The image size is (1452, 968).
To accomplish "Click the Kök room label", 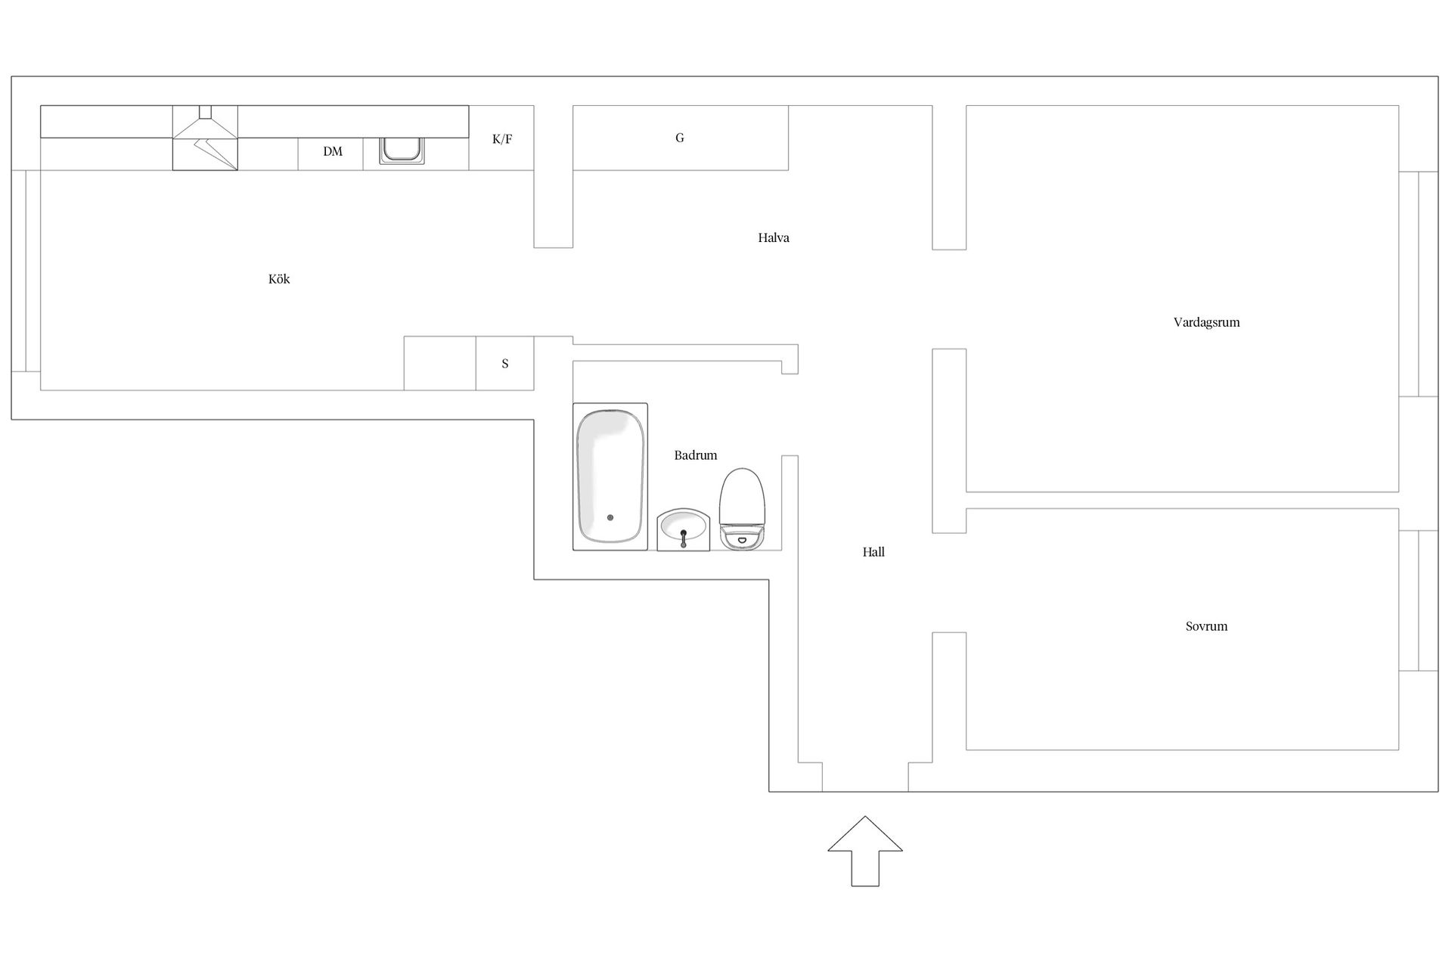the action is (279, 279).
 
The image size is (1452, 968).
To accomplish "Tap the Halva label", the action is (774, 237).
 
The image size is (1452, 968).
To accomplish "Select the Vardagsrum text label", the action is (1206, 322).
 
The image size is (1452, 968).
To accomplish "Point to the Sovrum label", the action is (1206, 626).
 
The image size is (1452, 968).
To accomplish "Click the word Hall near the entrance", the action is (873, 552).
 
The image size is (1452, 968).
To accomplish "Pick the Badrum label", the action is (696, 455).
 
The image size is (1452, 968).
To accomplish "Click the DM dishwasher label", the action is (333, 151).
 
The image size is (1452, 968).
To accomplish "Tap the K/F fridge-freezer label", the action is (502, 139).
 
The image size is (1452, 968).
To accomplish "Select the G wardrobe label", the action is (680, 138).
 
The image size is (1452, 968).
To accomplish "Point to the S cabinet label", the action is (505, 364).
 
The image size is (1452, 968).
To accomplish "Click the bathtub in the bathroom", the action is (610, 476).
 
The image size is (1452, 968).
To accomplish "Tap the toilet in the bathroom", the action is (742, 509).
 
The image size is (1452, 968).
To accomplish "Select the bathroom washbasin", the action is (684, 529).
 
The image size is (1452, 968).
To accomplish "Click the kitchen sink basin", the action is (402, 150).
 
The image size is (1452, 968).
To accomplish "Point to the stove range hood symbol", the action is (205, 138).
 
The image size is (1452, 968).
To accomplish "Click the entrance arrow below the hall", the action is (865, 851).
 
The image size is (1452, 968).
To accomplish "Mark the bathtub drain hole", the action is (610, 518).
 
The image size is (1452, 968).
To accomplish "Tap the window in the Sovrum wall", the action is (1418, 600).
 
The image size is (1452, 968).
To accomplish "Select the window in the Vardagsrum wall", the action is (1418, 284).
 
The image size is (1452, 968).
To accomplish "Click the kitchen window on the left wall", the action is (26, 271).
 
